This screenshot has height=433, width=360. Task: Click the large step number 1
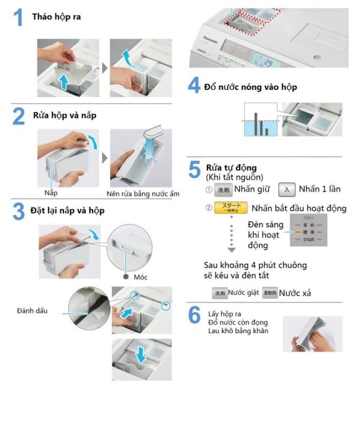pos(19,17)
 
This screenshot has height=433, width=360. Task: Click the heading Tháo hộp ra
pos(56,16)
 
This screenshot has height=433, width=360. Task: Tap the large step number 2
pos(19,116)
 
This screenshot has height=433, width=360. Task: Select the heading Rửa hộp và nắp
pos(64,115)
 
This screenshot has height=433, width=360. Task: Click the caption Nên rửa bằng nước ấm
pos(143,193)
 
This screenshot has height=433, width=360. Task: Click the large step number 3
pos(19,211)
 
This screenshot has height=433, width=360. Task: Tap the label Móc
pos(140,277)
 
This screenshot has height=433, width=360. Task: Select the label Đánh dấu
pos(32,311)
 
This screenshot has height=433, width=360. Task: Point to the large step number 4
pos(194,85)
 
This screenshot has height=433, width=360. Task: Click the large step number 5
pos(194,170)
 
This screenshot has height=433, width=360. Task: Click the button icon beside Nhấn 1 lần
pos(286,189)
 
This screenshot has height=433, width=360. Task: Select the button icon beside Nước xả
pos(269,293)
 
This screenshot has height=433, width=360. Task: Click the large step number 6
pos(194,315)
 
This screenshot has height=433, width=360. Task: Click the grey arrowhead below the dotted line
pos(231,250)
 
